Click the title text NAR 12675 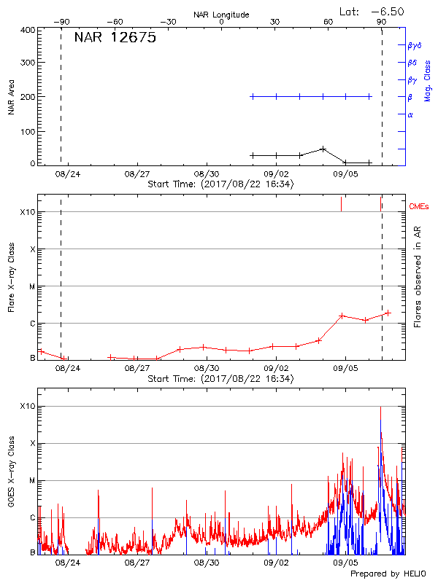(x=115, y=39)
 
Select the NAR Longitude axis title (x=221, y=15)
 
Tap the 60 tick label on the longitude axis (x=328, y=22)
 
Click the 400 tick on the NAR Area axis (x=28, y=30)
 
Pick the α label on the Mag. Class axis (x=410, y=114)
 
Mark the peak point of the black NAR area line (x=323, y=149)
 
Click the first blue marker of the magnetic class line (x=253, y=96)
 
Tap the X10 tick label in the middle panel (x=28, y=213)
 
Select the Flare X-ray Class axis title (x=12, y=277)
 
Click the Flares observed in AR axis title (x=418, y=277)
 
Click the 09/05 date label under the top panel (x=345, y=175)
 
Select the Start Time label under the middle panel (x=220, y=379)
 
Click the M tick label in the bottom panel (x=32, y=480)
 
